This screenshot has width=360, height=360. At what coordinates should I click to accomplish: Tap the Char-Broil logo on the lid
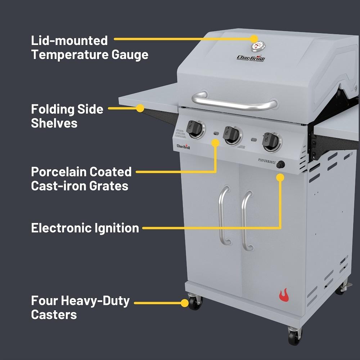tap(251, 58)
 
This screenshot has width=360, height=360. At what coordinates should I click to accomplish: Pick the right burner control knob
tap(271, 141)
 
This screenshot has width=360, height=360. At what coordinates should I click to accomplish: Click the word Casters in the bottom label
tap(54, 314)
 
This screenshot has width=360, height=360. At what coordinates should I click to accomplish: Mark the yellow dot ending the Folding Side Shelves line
tap(140, 108)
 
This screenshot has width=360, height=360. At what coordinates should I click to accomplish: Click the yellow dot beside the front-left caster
tap(185, 303)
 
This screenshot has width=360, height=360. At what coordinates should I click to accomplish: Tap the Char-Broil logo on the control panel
tap(183, 146)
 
